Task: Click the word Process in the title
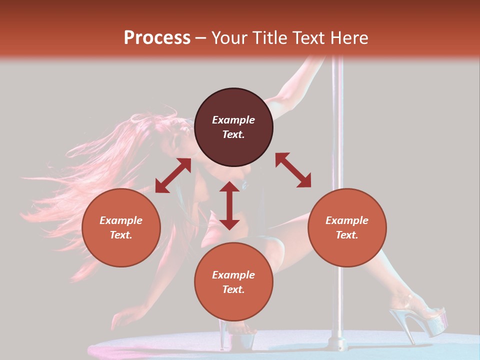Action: pyautogui.click(x=157, y=38)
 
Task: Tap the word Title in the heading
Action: pyautogui.click(x=266, y=38)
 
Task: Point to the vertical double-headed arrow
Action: pyautogui.click(x=229, y=205)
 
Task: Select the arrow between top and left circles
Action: pyautogui.click(x=173, y=175)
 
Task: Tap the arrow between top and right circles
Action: pyautogui.click(x=293, y=170)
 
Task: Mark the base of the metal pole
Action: pyautogui.click(x=335, y=343)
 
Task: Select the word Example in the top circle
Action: pyautogui.click(x=233, y=120)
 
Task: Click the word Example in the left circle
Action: pyautogui.click(x=121, y=220)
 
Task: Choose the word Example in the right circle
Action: pyautogui.click(x=347, y=220)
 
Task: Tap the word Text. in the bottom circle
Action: pyautogui.click(x=233, y=289)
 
